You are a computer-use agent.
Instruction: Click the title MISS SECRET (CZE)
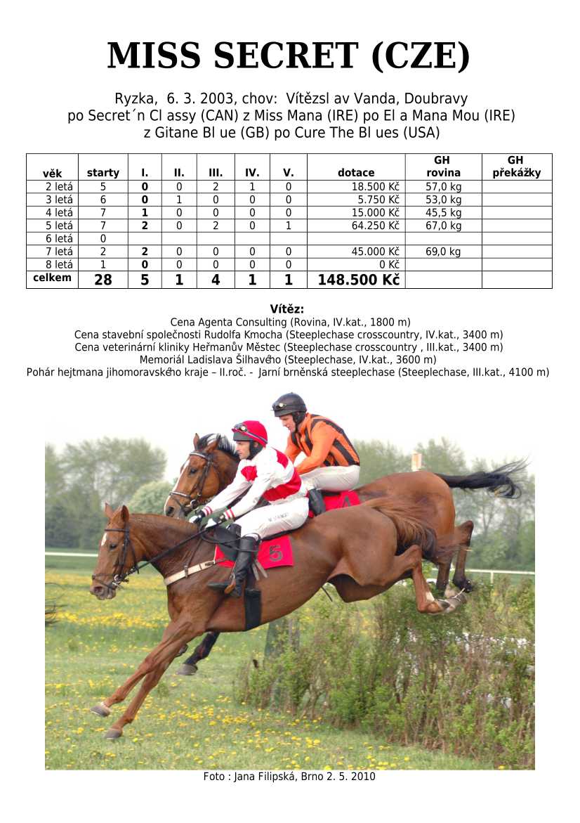coord(289,56)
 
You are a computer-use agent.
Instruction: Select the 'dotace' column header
coord(356,172)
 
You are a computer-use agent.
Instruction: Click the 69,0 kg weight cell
coord(443,252)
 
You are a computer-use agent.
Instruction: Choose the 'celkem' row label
coord(53,278)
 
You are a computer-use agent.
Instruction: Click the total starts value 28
coord(103,280)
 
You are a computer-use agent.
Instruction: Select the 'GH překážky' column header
coord(516,167)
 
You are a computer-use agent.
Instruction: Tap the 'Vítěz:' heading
coord(287,309)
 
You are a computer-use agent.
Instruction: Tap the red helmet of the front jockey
coord(251,432)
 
